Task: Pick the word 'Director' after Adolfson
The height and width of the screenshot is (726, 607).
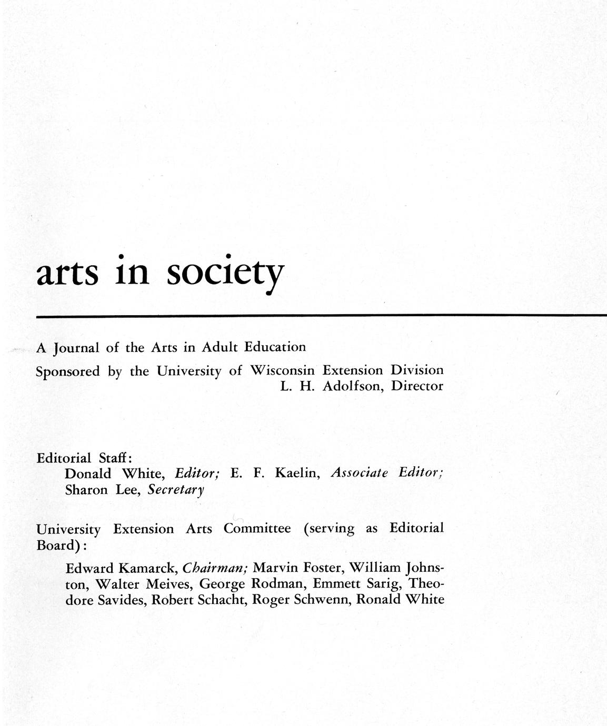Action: click(417, 386)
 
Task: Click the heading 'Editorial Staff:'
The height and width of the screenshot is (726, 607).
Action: click(84, 458)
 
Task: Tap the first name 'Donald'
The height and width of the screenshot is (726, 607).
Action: click(88, 474)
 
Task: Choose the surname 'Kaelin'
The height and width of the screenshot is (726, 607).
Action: click(297, 473)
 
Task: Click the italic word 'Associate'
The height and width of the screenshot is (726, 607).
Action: click(359, 473)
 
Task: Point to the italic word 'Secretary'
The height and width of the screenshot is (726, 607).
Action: click(176, 490)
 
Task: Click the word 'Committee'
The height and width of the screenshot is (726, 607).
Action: click(257, 529)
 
